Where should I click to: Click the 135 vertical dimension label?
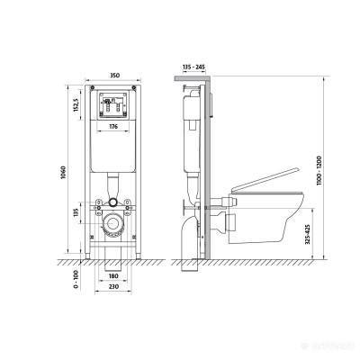[x=77, y=213]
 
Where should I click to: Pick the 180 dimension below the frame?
[x=112, y=276]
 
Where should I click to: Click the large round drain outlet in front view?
[x=112, y=226]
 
